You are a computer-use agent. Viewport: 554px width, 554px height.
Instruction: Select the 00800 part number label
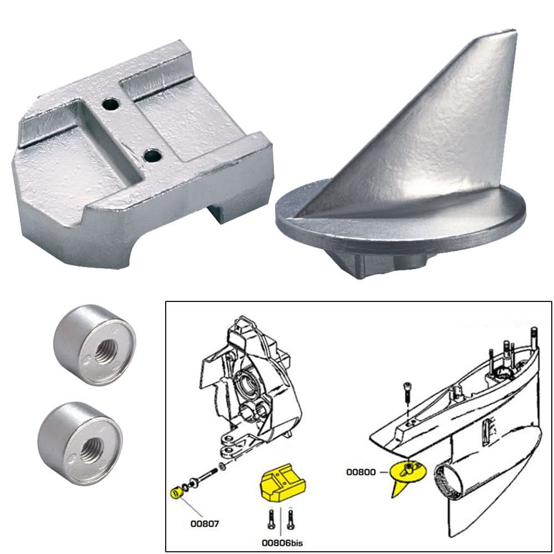click(x=362, y=472)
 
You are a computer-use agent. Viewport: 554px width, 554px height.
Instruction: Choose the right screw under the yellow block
click(x=292, y=518)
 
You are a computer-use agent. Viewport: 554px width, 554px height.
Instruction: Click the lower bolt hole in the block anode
click(x=149, y=157)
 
